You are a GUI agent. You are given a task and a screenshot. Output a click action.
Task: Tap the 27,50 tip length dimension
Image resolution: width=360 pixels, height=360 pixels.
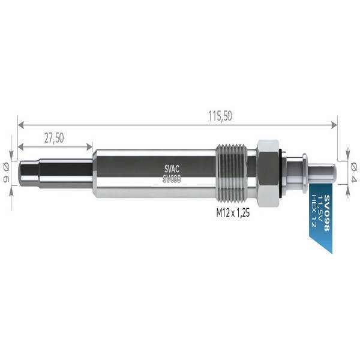(54, 137)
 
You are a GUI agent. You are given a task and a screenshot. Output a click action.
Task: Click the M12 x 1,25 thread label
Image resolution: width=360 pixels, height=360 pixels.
(233, 212)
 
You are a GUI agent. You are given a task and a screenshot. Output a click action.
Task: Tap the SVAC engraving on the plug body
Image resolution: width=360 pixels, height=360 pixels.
(172, 169)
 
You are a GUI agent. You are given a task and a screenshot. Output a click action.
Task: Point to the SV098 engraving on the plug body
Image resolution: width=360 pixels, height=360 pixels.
(172, 178)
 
